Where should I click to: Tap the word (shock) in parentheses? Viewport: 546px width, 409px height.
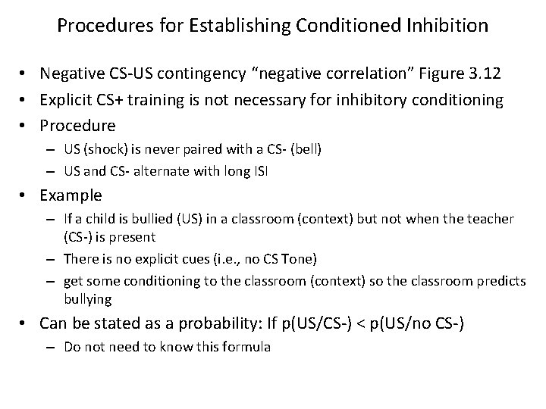[111, 150]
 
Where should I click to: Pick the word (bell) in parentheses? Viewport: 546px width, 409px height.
[304, 150]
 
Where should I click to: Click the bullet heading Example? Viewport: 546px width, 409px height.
[71, 195]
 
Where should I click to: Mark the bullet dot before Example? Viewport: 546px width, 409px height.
[29, 195]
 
